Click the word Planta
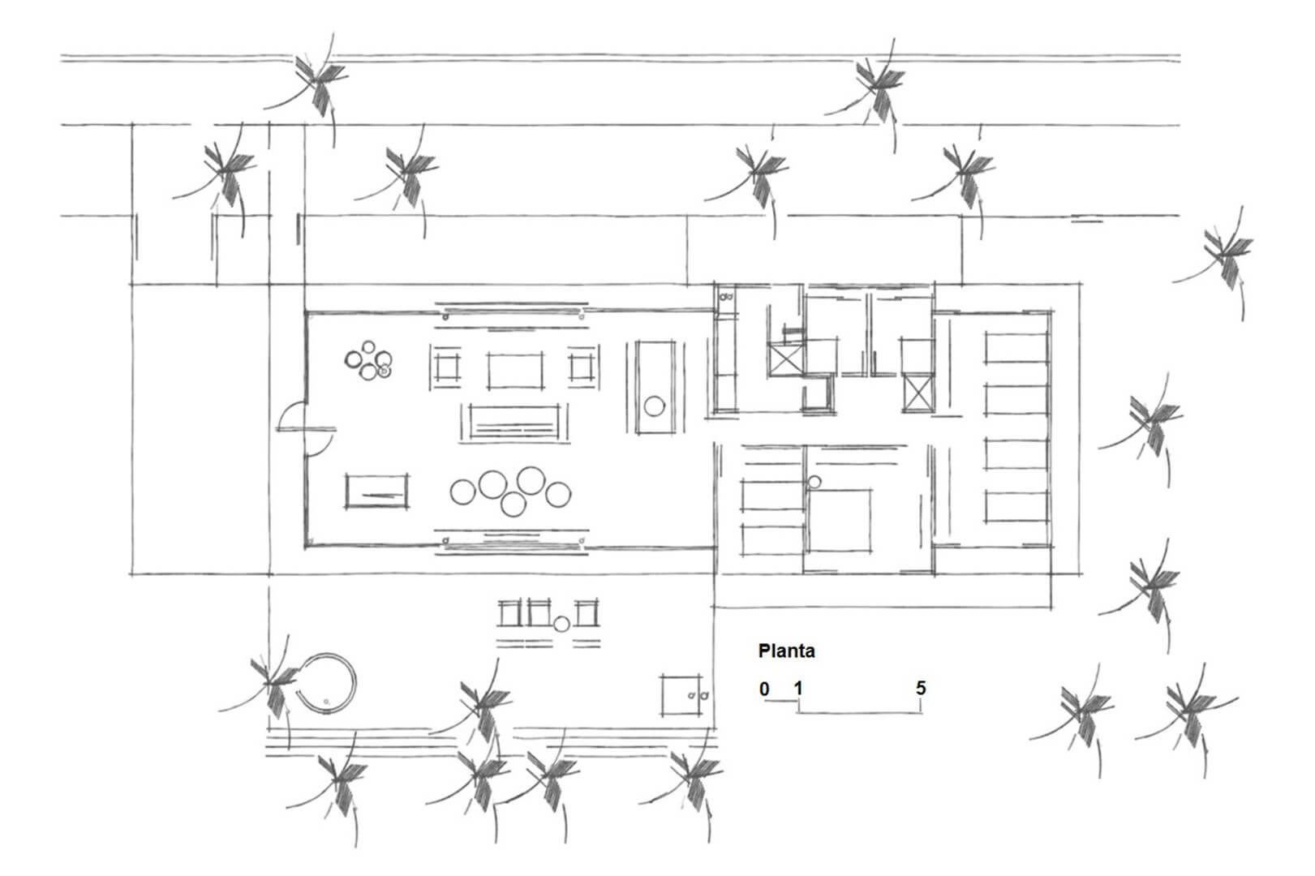point(786,651)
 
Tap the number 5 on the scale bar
point(921,688)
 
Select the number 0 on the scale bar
point(763,689)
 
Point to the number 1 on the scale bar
point(798,688)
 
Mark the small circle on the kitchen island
point(654,406)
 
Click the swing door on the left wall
point(305,429)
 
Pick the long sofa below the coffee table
point(514,422)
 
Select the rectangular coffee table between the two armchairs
point(515,371)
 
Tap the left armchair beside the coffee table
point(445,367)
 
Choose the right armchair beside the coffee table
point(583,367)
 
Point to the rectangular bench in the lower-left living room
point(377,492)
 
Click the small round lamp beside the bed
point(814,483)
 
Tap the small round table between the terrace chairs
point(561,624)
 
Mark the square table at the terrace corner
point(681,695)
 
